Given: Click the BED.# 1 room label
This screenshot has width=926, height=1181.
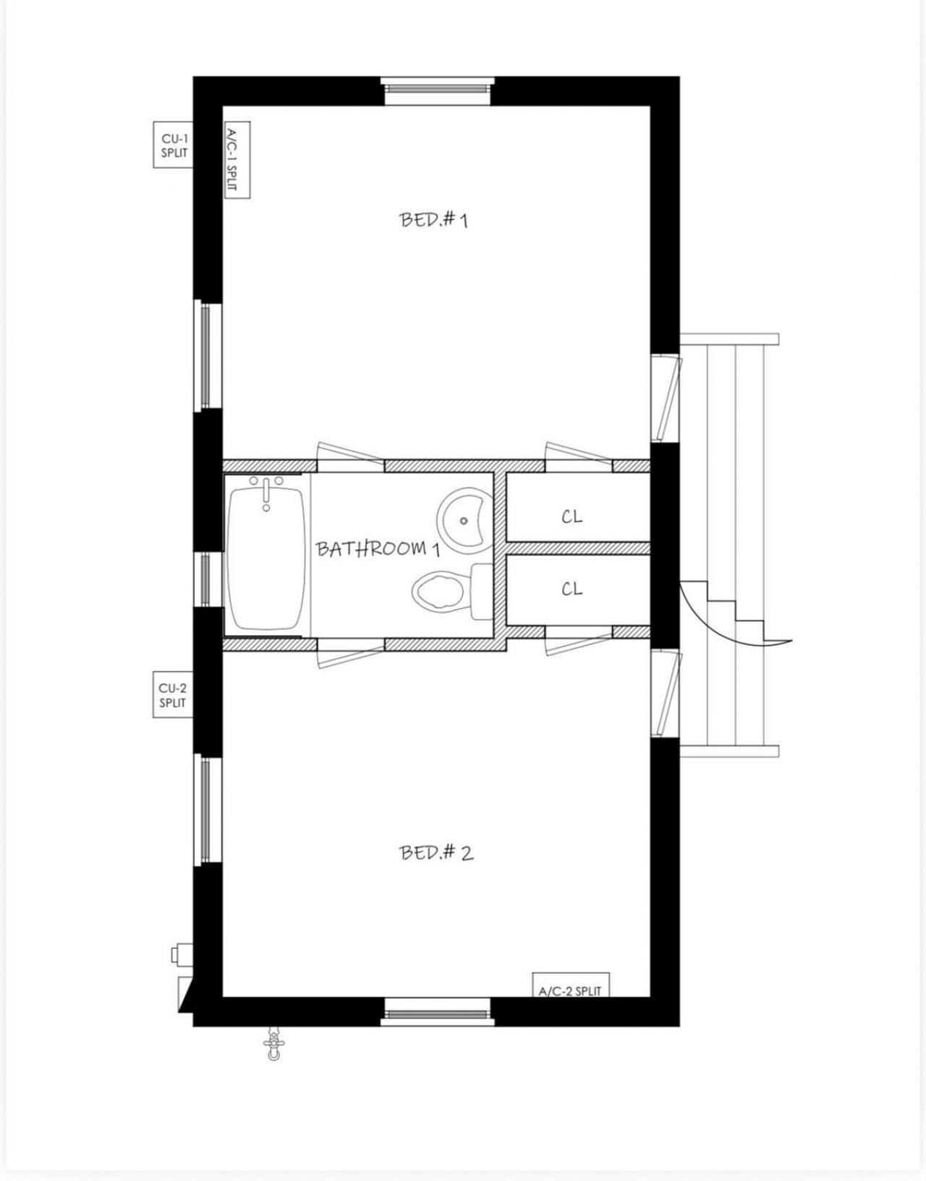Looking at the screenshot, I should coord(434,219).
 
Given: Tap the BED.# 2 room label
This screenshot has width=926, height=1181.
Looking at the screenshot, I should coord(437,853).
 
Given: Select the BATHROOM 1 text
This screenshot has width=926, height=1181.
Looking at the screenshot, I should coord(378,548).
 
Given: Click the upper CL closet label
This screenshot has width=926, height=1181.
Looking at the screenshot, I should coord(572,517).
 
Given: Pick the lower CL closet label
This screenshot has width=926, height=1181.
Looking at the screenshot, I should coord(572,589).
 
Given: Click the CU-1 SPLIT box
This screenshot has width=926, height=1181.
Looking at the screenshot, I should coord(174,145).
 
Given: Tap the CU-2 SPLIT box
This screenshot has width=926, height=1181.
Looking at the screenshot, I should coord(173,695).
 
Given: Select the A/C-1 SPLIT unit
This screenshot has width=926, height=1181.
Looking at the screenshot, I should coord(234,159).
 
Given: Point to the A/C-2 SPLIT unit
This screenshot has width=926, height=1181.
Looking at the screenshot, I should coord(570,985).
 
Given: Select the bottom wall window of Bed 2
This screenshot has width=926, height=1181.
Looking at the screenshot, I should coord(437,1010).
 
